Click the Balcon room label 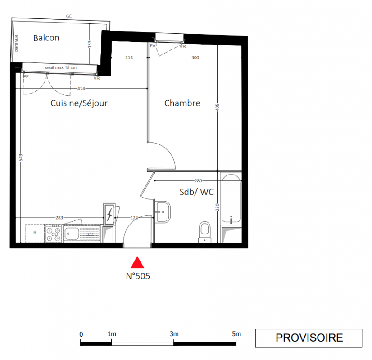pyautogui.click(x=46, y=38)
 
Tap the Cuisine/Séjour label pyautogui.click(x=79, y=103)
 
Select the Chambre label pyautogui.click(x=182, y=103)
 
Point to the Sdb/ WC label pyautogui.click(x=197, y=192)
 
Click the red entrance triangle pyautogui.click(x=137, y=262)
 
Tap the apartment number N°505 pyautogui.click(x=138, y=276)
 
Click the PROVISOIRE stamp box pyautogui.click(x=308, y=338)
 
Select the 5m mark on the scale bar pyautogui.click(x=236, y=334)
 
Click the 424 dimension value pyautogui.click(x=81, y=88)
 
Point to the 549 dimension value pyautogui.click(x=21, y=157)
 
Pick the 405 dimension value pyautogui.click(x=218, y=108)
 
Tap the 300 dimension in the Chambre pyautogui.click(x=195, y=58)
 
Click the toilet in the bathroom pyautogui.click(x=204, y=232)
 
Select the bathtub pyautogui.click(x=231, y=199)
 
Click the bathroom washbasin pyautogui.click(x=163, y=212)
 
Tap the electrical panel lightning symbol pyautogui.click(x=109, y=215)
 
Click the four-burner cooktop pyautogui.click(x=54, y=233)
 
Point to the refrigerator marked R pyautogui.click(x=35, y=233)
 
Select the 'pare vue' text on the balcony pyautogui.click(x=16, y=43)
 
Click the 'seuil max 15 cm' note pyautogui.click(x=61, y=68)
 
